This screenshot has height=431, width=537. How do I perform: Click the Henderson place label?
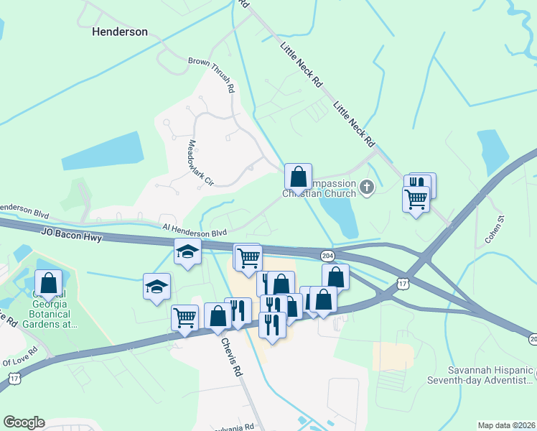point(120,32)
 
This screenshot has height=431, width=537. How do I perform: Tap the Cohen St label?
point(493,227)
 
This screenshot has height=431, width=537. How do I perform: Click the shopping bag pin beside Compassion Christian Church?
point(298,177)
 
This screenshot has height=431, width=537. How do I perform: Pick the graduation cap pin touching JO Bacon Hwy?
point(188,252)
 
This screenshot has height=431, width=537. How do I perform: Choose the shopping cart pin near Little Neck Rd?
point(416,199)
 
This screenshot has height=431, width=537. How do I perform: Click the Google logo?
point(24,422)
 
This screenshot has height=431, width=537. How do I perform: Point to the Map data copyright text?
point(506,425)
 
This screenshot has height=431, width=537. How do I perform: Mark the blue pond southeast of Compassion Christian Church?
point(338,215)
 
